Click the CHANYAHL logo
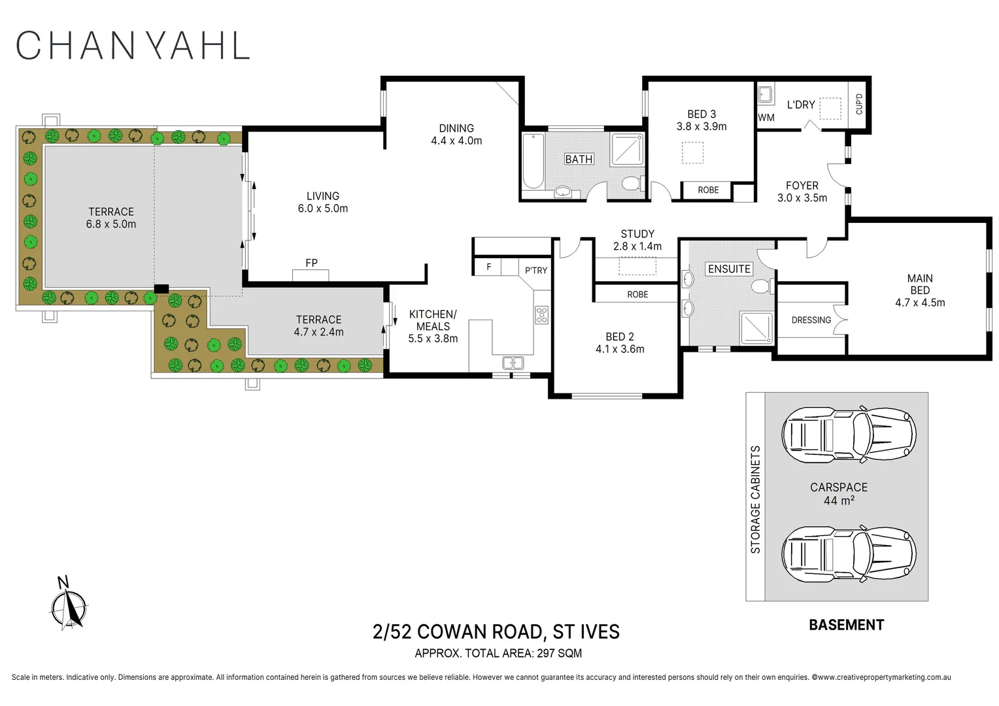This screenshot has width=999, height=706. (133, 46)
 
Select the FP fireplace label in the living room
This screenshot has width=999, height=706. (311, 263)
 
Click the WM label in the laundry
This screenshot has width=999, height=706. (766, 118)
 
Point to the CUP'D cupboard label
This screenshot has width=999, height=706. (859, 104)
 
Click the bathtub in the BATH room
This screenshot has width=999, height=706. (533, 161)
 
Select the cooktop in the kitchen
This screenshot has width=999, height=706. (541, 315)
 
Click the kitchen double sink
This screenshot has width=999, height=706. (513, 362)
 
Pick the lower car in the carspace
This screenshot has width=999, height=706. (849, 554)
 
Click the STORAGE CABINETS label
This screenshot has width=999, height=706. (755, 499)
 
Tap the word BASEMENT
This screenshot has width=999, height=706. (846, 625)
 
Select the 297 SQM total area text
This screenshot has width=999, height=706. (559, 653)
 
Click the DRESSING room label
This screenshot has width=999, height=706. (811, 320)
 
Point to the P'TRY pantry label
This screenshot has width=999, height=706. (536, 270)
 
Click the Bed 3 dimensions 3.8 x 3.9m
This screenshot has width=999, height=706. (702, 126)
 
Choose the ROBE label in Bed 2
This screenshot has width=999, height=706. (637, 294)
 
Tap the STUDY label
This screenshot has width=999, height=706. (637, 234)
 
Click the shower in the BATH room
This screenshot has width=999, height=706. (627, 150)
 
